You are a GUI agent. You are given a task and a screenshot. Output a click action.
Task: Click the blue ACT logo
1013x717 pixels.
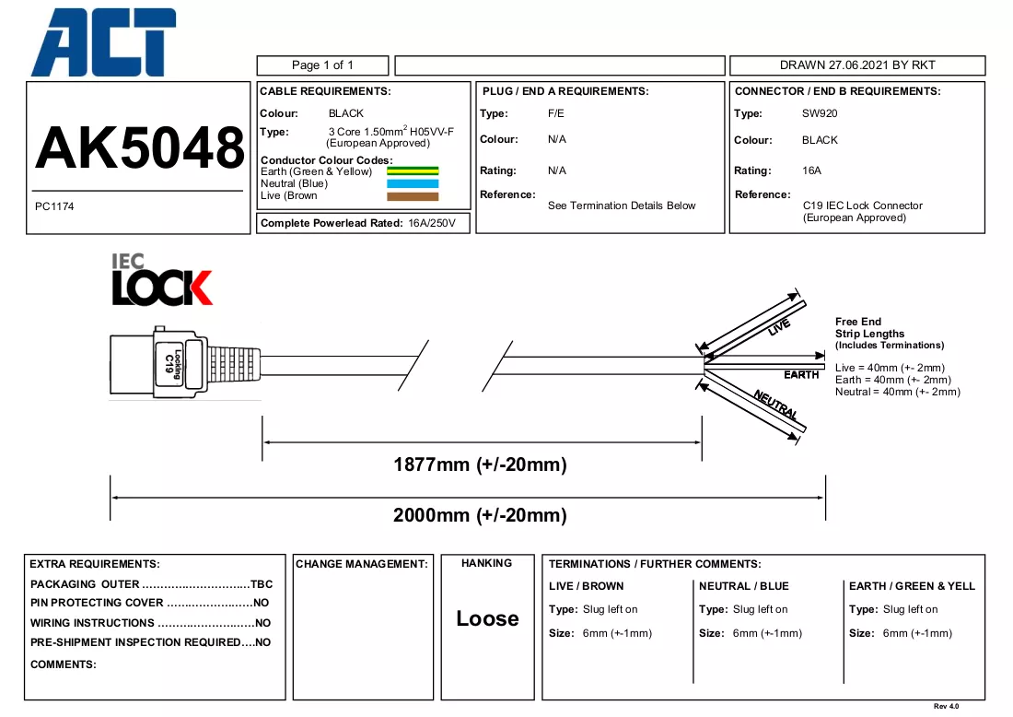pos(103,42)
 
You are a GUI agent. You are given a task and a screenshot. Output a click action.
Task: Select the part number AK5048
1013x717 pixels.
pos(140,147)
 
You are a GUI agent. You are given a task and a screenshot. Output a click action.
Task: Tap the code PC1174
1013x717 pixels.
pos(54,206)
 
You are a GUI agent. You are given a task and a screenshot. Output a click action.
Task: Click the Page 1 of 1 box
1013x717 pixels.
pos(322,65)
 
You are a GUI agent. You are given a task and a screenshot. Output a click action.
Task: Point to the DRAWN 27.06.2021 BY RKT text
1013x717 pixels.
pos(857,65)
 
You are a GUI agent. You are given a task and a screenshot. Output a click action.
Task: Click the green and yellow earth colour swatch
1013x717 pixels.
pos(413,171)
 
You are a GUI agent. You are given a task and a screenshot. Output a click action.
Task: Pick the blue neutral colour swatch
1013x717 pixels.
pos(413,183)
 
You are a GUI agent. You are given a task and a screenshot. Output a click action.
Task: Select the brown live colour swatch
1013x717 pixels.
pos(413,196)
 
